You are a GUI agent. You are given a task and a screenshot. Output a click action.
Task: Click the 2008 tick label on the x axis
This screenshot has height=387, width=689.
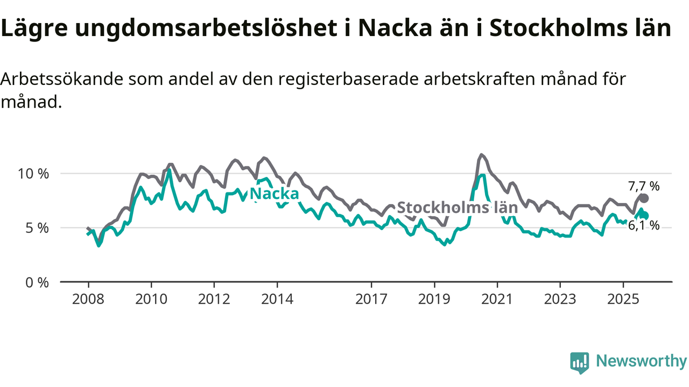88,298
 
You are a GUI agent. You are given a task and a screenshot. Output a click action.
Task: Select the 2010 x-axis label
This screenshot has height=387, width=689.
151,298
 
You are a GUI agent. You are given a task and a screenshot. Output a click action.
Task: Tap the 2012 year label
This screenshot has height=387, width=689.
214,298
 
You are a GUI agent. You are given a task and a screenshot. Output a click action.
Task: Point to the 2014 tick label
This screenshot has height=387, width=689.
277,298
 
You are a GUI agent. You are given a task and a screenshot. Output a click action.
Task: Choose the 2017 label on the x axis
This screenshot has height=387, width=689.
371,298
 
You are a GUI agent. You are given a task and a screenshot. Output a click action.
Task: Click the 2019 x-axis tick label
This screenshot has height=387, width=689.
434,298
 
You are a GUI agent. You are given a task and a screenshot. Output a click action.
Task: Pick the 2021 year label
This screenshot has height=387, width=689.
497,298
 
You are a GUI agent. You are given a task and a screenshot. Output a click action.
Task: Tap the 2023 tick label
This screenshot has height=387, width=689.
560,298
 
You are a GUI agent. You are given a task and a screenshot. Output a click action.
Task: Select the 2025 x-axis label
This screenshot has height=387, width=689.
623,298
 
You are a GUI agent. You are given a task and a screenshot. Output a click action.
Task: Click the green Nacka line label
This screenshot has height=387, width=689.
275,193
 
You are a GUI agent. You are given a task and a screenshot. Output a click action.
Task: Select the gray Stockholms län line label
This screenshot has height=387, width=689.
457,207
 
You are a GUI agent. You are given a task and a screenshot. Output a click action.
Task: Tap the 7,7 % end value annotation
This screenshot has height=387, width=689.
644,187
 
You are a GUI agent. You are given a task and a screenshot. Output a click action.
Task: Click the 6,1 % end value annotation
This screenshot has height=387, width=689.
644,226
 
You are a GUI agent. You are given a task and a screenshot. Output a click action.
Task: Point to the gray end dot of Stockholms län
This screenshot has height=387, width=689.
644,198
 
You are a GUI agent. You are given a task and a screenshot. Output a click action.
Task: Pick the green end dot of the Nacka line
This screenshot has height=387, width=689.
644,216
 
